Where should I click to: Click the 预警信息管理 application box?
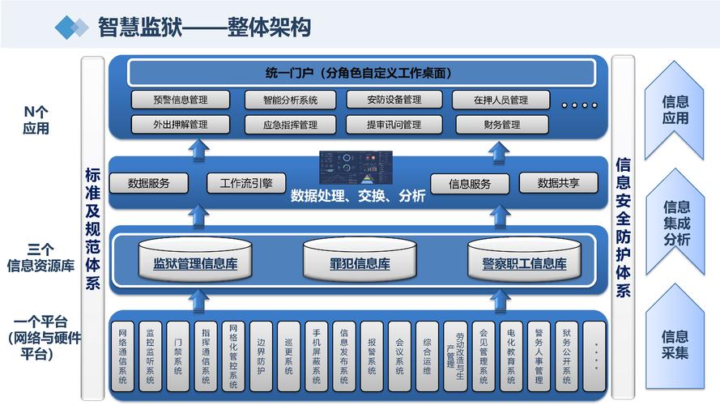pos(181,100)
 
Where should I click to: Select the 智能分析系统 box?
pos(290,100)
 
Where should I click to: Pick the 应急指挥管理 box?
pos(290,125)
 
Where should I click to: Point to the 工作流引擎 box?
pos(241,183)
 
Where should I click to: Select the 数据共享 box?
pos(558,183)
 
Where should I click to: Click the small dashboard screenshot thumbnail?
pos(356,167)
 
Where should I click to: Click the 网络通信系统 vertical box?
pos(121,356)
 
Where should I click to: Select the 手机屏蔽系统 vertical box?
pos(316,356)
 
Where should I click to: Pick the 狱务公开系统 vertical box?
pos(566,356)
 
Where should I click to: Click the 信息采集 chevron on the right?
pos(675,344)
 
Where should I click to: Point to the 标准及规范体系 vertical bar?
pos(92,227)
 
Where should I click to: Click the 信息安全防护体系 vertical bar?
pos(623,227)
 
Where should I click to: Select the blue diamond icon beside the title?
pos(71,28)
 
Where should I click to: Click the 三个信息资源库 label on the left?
pos(40,257)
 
